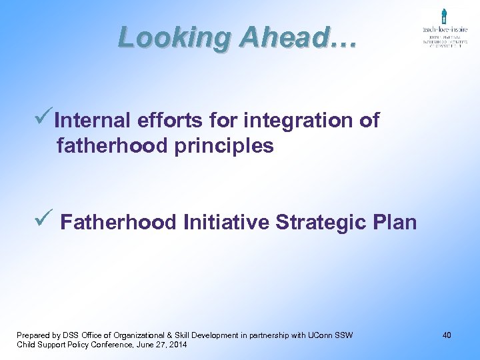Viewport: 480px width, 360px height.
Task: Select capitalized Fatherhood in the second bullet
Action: click(119, 222)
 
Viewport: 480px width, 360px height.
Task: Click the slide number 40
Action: click(446, 335)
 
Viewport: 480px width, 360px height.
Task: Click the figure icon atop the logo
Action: click(443, 16)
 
